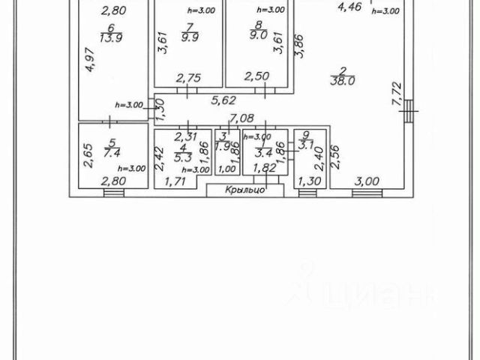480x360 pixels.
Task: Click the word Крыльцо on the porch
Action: pos(245,190)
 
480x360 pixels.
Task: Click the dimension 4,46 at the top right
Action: pos(350,7)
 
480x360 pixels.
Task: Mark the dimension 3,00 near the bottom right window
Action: pos(366,181)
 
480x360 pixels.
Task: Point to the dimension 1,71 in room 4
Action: pos(173,181)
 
